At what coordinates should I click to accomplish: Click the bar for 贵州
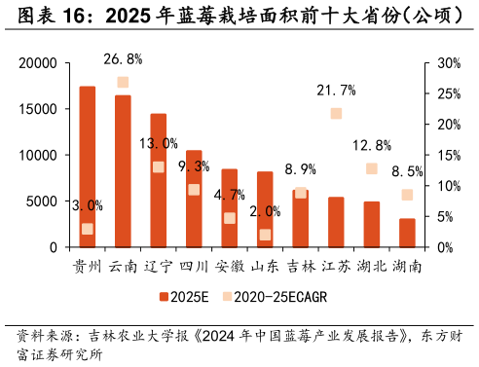coord(88,166)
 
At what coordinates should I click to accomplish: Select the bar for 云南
coord(123,171)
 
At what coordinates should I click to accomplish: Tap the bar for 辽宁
coord(158,180)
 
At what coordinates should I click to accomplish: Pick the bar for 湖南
coord(407,233)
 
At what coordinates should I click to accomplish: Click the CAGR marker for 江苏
coord(336,114)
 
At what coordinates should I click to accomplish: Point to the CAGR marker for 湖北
coord(372,168)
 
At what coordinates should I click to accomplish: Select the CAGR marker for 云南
coord(123,83)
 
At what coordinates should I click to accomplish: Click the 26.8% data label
coord(123,59)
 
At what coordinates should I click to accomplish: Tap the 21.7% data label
coord(336,91)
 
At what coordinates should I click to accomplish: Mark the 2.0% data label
coord(265,211)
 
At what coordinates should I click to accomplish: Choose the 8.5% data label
coord(407,171)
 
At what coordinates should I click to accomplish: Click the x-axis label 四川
coord(194,266)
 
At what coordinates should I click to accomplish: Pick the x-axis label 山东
coord(265,266)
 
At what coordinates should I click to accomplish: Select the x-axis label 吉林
coord(300,266)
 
